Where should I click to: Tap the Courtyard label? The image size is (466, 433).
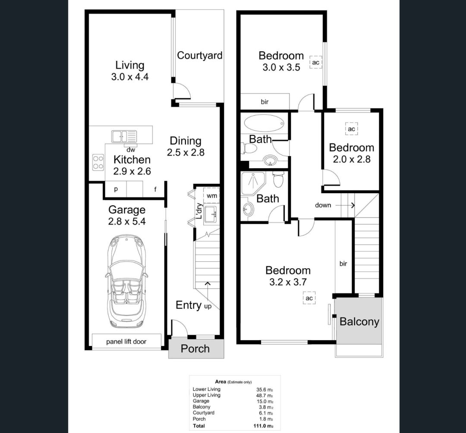point(199,56)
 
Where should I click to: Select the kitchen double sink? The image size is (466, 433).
point(124,137)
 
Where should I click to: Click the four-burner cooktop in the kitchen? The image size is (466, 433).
point(98,163)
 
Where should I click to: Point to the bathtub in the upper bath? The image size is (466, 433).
point(264,122)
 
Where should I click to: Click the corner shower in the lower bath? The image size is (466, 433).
point(252,183)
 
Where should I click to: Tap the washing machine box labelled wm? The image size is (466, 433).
point(211,196)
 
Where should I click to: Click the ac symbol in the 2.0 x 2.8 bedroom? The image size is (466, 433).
point(351,129)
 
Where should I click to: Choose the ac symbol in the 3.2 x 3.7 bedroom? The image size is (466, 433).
point(309,298)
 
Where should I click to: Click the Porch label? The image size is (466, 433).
point(195,348)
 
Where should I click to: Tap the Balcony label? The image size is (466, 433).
point(359,322)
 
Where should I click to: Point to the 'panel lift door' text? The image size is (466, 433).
point(126,342)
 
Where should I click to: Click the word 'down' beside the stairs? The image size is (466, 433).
point(323,205)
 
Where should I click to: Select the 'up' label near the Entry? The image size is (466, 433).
point(208,306)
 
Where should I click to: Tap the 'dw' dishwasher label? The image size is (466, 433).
point(130,150)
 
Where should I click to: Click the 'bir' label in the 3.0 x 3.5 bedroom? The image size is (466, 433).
point(264,102)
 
